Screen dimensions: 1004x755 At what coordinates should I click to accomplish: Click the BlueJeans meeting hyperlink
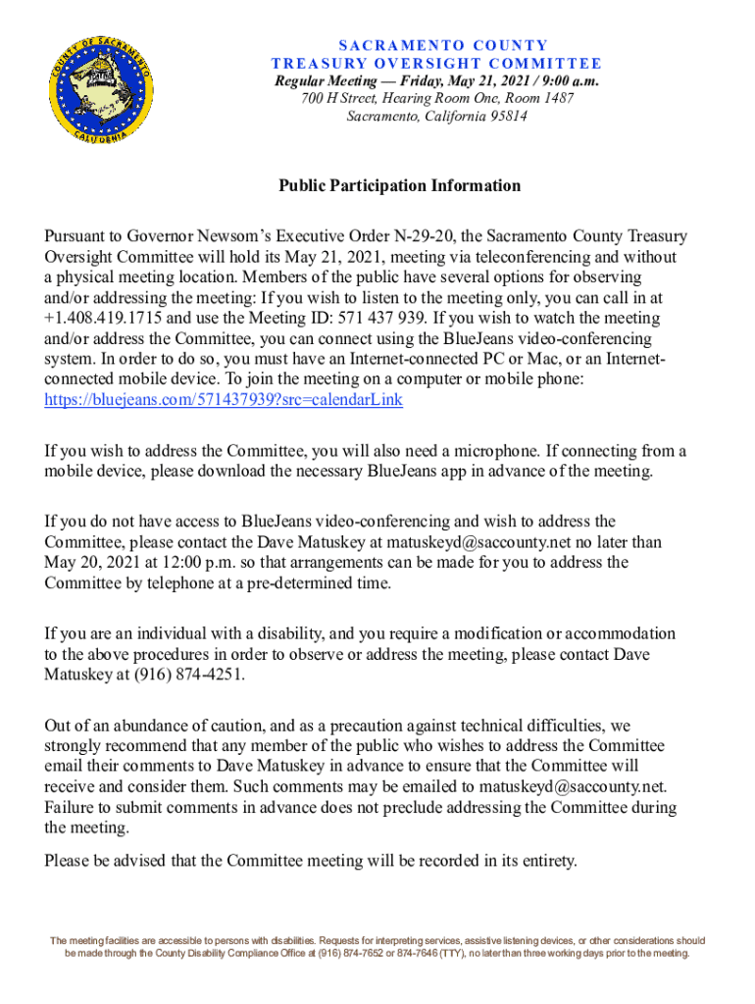click(x=224, y=401)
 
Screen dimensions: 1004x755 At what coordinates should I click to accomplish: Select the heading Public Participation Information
click(x=399, y=185)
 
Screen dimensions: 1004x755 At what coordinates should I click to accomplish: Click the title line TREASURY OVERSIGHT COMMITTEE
click(x=409, y=63)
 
